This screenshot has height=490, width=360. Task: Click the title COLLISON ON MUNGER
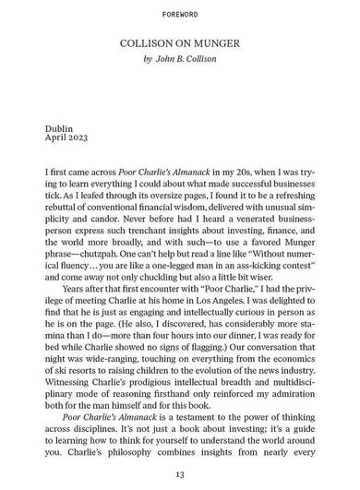(180, 43)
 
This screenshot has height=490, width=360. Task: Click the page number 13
(180, 473)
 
